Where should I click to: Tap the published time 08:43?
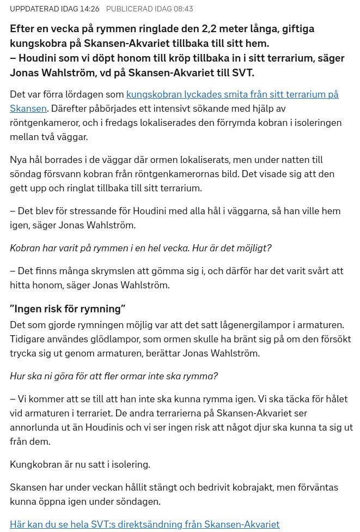[x=182, y=9]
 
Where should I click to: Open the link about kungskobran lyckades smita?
[x=232, y=94]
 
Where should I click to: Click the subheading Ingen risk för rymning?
[x=68, y=309]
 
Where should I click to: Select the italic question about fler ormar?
[x=114, y=376]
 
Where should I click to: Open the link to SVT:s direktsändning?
[x=144, y=524]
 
